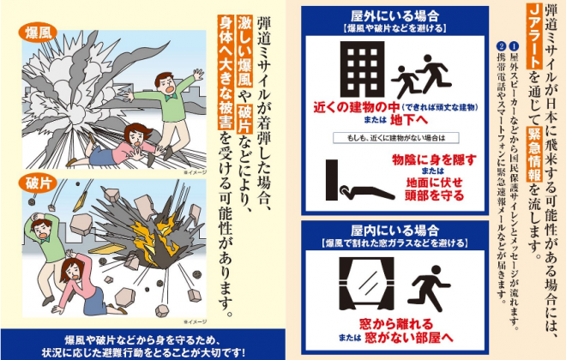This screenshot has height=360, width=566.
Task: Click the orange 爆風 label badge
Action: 38,33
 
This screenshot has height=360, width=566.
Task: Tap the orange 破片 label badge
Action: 38,183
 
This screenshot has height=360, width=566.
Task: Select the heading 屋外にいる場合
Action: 394,15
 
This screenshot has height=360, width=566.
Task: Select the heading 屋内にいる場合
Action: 394,230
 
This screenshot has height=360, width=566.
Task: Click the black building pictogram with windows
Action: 362,69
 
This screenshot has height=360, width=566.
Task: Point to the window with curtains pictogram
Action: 366,284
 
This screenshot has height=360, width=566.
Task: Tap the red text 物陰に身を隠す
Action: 434,159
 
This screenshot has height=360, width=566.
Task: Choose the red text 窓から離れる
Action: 396,323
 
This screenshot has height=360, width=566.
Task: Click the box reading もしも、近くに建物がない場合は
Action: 396,138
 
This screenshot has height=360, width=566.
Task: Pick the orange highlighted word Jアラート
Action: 534,39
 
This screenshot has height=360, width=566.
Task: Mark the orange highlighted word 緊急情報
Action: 534,155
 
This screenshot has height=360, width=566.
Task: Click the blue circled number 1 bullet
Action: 514,46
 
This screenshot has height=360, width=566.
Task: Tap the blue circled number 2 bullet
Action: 501,46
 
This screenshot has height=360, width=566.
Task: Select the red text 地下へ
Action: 408,120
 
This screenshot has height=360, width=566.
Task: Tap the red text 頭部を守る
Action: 434,195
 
